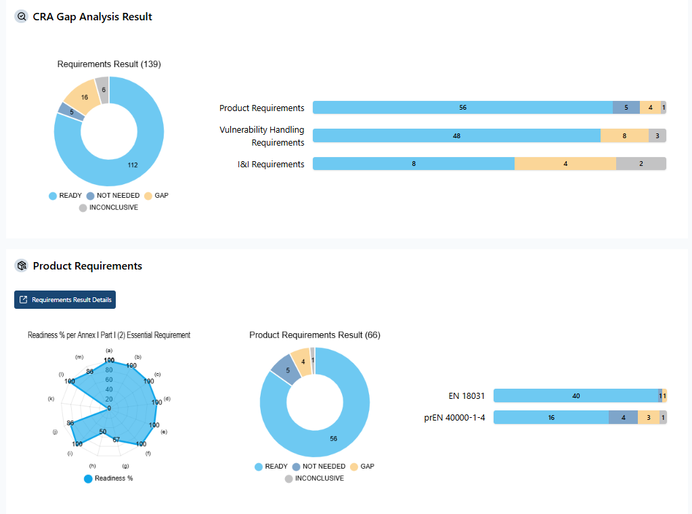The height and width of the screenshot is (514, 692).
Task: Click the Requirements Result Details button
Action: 65,300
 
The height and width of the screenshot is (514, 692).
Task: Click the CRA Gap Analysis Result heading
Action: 92,17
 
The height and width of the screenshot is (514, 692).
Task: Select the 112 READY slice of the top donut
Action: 133,165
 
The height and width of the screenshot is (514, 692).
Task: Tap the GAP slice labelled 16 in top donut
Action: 84,97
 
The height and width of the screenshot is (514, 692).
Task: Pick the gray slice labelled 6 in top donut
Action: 103,89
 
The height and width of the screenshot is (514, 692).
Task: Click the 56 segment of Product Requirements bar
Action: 462,108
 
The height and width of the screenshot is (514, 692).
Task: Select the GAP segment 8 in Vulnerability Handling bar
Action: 624,135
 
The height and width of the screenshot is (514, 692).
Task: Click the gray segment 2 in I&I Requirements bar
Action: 641,164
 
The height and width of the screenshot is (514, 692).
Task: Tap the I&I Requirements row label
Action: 261,164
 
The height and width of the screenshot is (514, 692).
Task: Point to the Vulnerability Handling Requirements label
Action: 261,135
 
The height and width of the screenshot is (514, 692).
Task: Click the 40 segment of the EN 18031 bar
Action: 576,395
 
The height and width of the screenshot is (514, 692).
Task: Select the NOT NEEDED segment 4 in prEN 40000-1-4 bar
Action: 623,417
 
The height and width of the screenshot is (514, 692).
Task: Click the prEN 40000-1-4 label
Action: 454,417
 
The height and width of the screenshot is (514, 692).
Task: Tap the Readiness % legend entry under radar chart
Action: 108,478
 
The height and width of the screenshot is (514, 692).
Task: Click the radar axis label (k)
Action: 51,399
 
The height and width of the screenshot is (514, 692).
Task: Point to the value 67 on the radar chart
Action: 116,440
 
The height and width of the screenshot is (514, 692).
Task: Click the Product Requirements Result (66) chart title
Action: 315,335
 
